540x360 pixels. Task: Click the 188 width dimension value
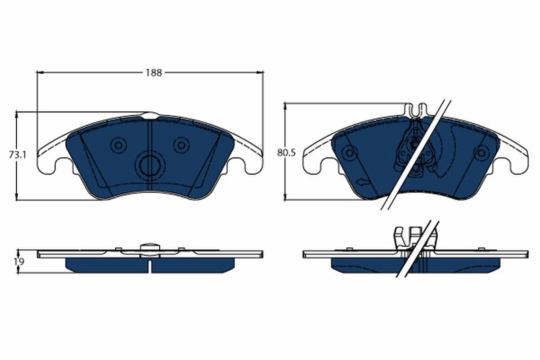pos(153,72)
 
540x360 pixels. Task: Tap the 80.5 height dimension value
pos(286,153)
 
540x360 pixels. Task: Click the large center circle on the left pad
pos(150,166)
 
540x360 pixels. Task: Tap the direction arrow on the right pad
pos(362,182)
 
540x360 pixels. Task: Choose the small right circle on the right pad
pos(482,153)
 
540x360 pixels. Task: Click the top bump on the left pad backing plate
pos(150,115)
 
